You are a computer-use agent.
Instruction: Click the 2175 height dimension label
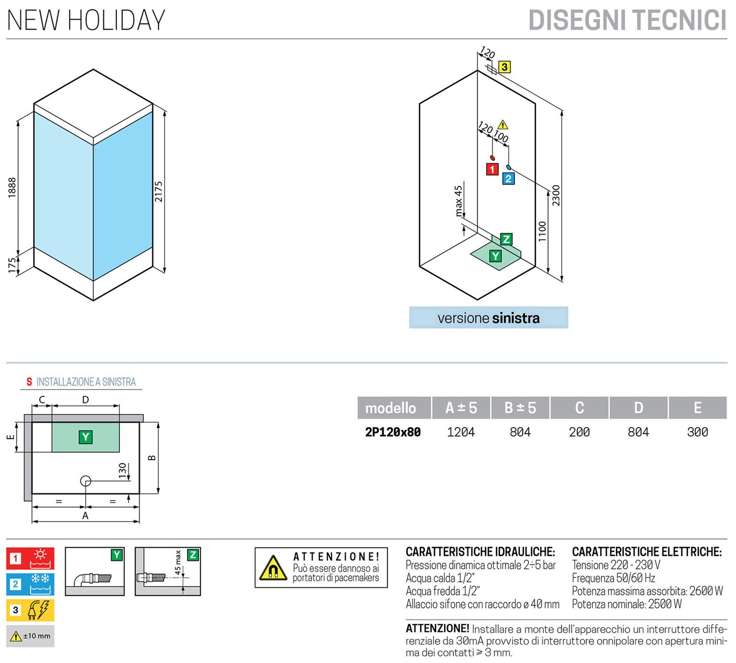point(159,191)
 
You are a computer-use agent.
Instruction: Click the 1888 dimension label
point(12,187)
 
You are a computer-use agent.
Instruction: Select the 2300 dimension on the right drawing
point(556,195)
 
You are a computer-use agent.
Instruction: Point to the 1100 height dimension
point(542,231)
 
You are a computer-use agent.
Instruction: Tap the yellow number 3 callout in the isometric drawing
point(504,67)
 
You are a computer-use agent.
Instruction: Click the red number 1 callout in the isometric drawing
point(492,169)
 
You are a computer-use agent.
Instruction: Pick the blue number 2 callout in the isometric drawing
point(508,179)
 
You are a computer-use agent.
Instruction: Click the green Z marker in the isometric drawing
point(506,239)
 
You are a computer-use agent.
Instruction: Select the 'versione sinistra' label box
point(488,318)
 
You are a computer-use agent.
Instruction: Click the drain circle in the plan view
point(86,481)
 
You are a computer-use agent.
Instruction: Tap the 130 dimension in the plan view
point(123,471)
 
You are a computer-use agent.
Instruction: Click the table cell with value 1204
point(461,432)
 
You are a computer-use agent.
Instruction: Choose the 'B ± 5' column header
point(520,408)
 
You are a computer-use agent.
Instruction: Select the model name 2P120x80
point(393,432)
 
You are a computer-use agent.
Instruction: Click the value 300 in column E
point(697,432)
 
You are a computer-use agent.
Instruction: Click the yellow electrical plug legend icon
point(30,610)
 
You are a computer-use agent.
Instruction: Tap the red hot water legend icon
point(30,558)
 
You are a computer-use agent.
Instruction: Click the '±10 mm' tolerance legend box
point(30,636)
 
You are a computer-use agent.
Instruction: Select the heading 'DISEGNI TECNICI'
point(627,21)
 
